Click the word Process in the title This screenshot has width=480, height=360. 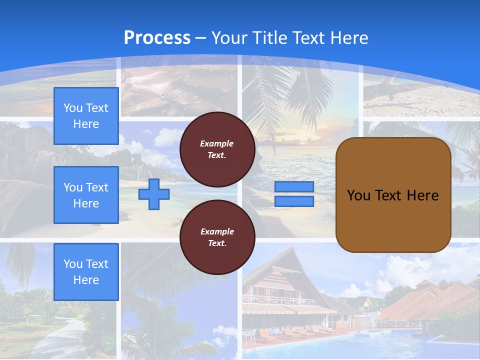click(157, 38)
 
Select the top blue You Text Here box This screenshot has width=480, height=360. click(86, 116)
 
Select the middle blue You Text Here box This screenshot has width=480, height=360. click(86, 195)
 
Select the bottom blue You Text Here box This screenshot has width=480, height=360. click(86, 271)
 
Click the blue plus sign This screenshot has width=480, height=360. click(154, 194)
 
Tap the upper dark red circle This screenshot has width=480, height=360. click(217, 149)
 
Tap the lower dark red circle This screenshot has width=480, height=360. click(217, 237)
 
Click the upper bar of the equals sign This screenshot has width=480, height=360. click(294, 187)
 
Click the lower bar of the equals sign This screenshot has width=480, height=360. click(294, 201)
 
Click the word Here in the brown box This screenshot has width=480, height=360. click(422, 195)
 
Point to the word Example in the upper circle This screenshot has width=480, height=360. click(217, 143)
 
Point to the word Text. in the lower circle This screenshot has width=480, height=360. click(217, 243)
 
